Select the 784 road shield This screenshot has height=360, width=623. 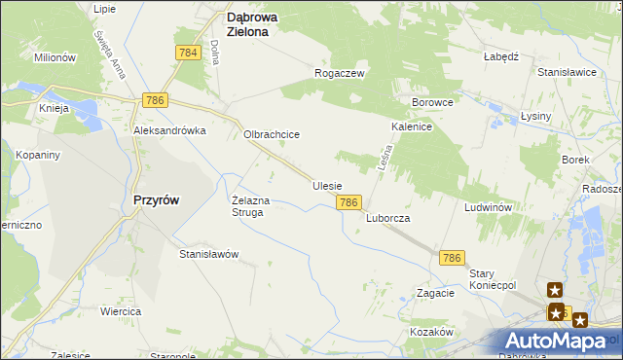point(189,52)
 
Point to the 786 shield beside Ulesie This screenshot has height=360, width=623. point(350,202)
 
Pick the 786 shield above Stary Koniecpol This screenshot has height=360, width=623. point(451,257)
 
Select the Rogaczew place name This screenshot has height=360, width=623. point(339,73)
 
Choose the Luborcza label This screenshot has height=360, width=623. point(387,219)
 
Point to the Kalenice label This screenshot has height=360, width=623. point(412,127)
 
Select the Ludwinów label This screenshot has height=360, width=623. point(489,208)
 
